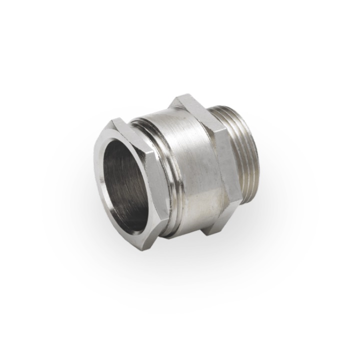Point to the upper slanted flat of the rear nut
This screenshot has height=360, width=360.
click(x=197, y=112)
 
